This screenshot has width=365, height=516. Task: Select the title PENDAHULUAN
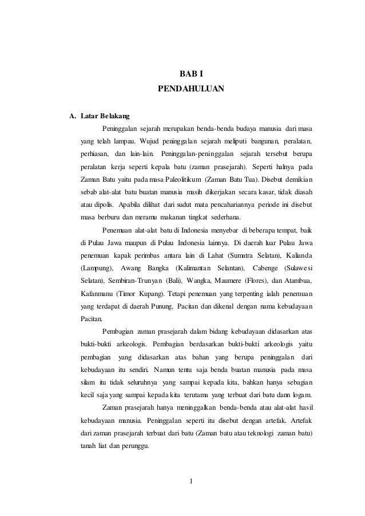192,90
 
